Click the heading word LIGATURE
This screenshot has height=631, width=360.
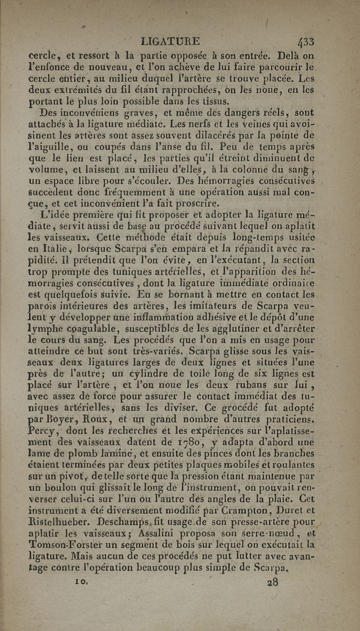click(170, 41)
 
